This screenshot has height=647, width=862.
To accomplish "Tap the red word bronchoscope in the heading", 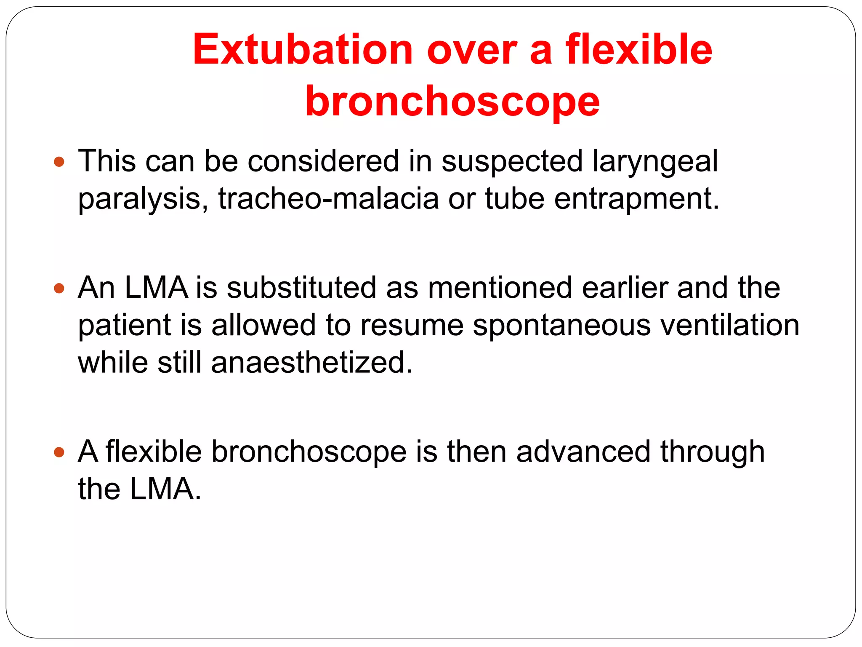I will click(x=452, y=102).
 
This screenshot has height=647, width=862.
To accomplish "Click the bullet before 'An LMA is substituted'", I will click(x=59, y=288).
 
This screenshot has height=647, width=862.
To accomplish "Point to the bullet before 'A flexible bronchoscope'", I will click(x=59, y=452).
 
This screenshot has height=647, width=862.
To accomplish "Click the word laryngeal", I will click(x=655, y=162).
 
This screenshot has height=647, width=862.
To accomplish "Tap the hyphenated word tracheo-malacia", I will click(x=328, y=199).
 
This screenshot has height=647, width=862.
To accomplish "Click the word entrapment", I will click(x=636, y=199).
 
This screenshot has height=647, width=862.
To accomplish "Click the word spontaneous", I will click(x=561, y=325).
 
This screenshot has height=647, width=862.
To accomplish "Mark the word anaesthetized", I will click(x=311, y=363).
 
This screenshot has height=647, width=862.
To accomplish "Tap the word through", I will click(x=712, y=452).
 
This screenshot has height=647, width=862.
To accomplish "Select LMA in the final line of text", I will click(x=162, y=489).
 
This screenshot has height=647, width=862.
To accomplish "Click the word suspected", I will click(x=512, y=162).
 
